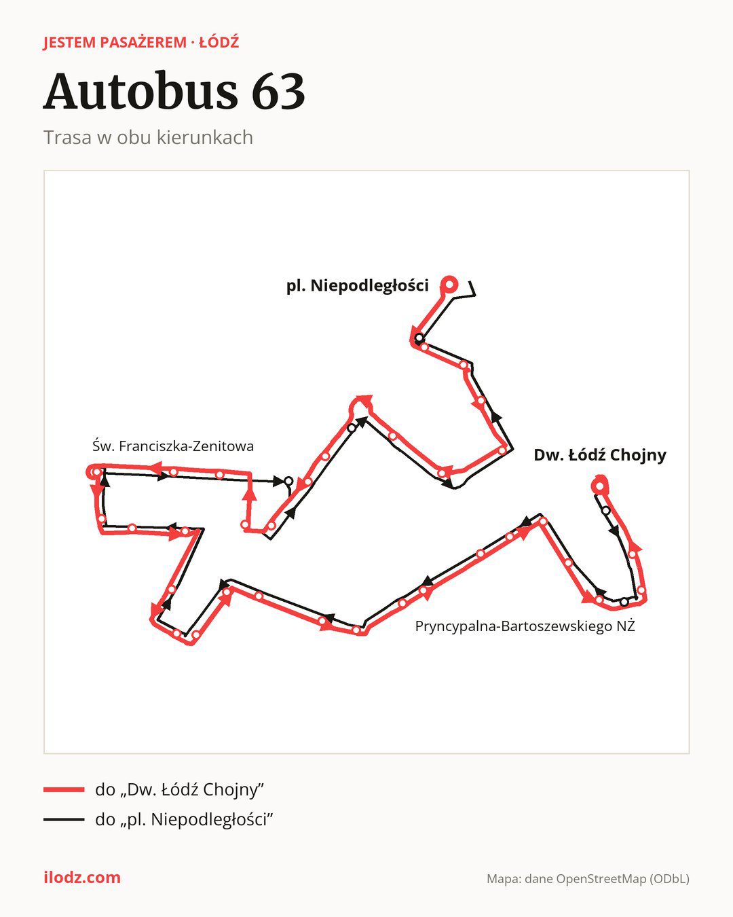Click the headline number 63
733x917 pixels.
click(x=278, y=91)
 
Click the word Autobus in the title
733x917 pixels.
click(x=141, y=91)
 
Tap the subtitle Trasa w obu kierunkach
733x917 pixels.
click(x=148, y=138)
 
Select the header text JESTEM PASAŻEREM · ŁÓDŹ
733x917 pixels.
click(x=141, y=43)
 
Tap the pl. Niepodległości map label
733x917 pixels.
click(x=358, y=285)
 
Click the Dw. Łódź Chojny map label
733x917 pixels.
click(x=600, y=455)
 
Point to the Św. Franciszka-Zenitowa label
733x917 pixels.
click(x=173, y=446)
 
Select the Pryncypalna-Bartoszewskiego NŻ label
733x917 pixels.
click(x=525, y=626)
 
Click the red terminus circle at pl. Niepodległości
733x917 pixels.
click(x=449, y=284)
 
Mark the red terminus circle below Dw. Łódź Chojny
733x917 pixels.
click(x=600, y=486)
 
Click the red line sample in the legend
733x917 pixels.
click(x=64, y=789)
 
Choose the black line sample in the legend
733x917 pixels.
click(x=64, y=819)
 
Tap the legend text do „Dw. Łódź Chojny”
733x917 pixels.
click(x=179, y=789)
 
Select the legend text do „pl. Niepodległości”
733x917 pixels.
click(x=183, y=819)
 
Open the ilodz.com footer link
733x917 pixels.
click(x=82, y=878)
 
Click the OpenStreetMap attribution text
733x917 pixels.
click(x=588, y=879)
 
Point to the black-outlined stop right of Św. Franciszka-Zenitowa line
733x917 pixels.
click(x=288, y=481)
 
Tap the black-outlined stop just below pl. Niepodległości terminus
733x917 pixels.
click(x=419, y=338)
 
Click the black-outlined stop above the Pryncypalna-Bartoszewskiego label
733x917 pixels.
click(x=624, y=602)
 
